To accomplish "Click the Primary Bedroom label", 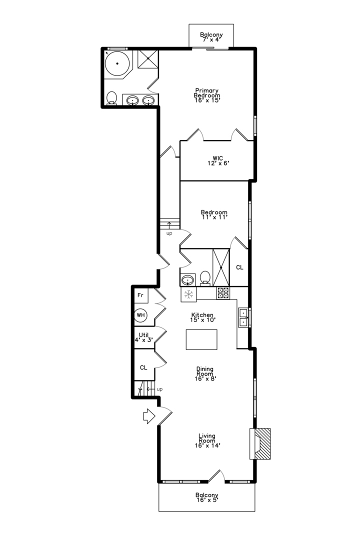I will point(207,95).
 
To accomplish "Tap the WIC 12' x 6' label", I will point(217,160).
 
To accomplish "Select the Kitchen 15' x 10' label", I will point(202,317).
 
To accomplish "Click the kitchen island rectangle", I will point(202,339).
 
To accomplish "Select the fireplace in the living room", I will point(260,443).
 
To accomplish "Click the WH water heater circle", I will point(140,315).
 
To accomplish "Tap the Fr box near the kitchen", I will point(140,295).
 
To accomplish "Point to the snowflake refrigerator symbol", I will point(188,294).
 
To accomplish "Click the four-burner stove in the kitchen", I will point(222,293).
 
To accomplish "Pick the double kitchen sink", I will point(243,317).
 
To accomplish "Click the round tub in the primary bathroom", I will point(118,64).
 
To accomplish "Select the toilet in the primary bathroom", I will point(112,98).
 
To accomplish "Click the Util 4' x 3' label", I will point(143,337).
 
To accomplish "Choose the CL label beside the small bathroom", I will point(239,267).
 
